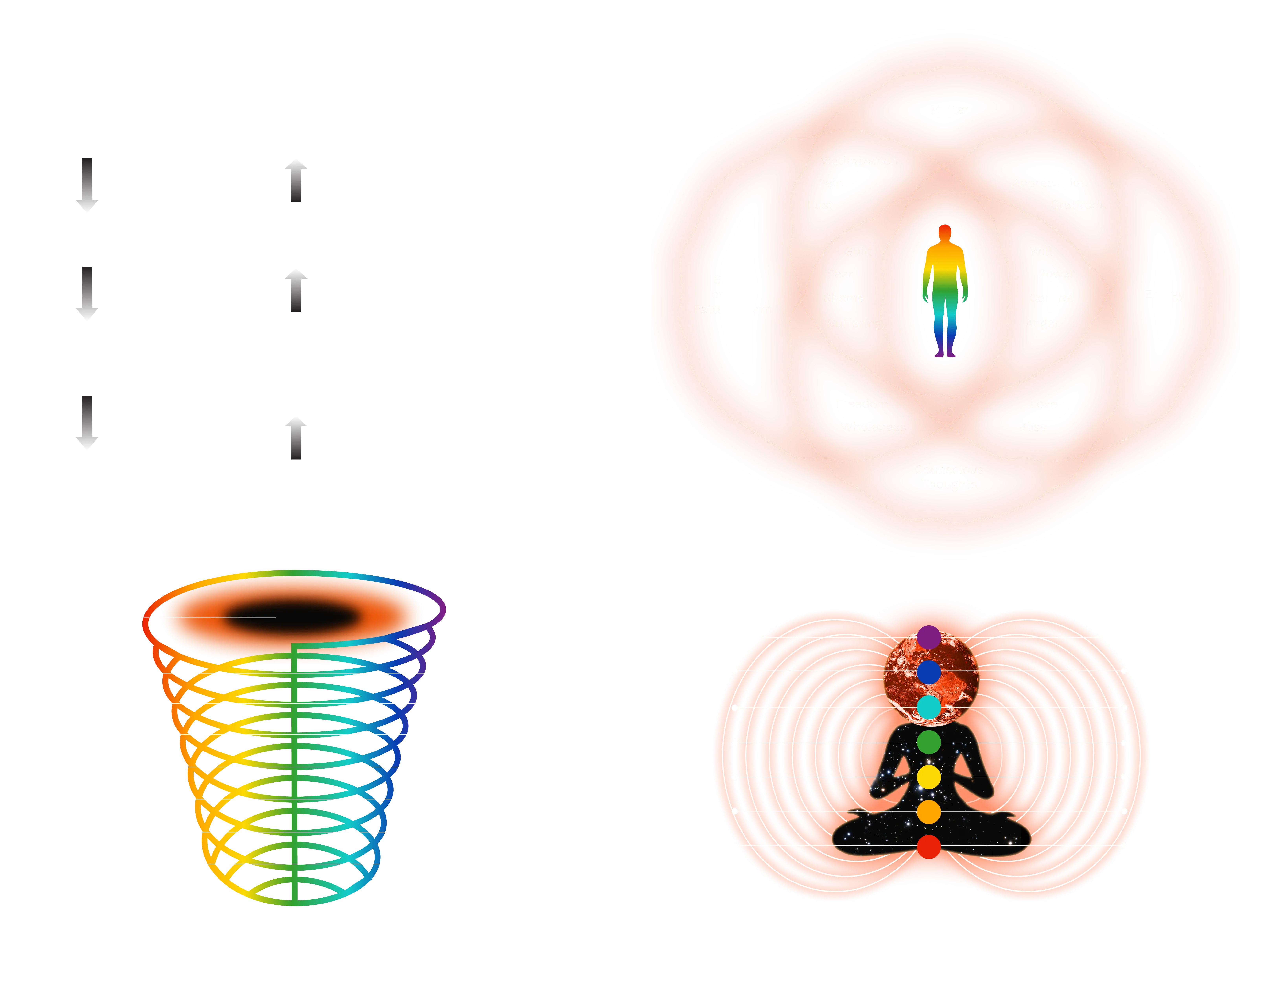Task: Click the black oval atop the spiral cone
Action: (x=292, y=617)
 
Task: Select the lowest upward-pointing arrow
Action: (x=296, y=439)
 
